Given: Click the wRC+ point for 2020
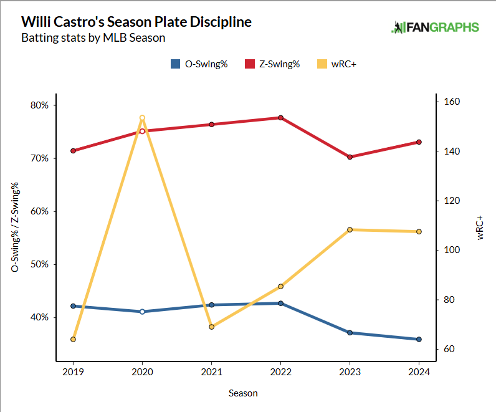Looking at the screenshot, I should [142, 118].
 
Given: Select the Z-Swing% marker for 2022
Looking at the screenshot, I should [280, 118].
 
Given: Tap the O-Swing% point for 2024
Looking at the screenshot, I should [419, 339].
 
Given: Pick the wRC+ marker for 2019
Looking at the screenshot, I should [74, 339].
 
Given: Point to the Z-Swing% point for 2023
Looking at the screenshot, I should [350, 157].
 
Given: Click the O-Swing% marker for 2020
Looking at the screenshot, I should [142, 312].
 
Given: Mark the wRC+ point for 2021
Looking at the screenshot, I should [211, 327].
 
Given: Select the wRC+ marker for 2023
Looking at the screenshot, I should [350, 230].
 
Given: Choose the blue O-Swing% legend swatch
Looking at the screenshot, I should [175, 64].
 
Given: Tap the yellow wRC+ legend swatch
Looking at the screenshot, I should [321, 64].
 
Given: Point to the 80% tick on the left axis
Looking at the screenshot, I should [40, 105].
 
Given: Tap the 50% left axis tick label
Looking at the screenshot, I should [40, 264].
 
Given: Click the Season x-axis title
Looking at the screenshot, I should [242, 393].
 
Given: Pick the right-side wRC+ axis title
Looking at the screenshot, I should [480, 228].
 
